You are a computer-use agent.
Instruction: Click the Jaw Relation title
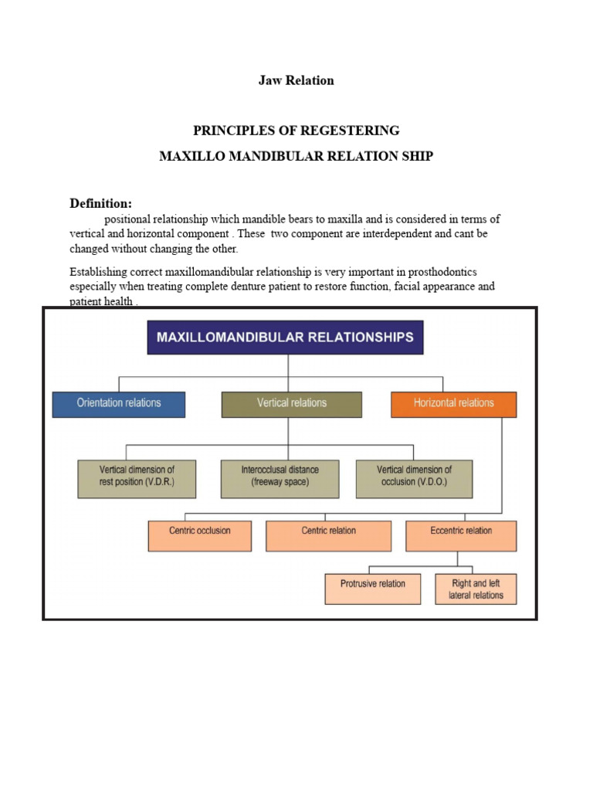[296, 81]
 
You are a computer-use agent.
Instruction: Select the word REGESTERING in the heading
[354, 130]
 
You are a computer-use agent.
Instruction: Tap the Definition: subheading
[100, 204]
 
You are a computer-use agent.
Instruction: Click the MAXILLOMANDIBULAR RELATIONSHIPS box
[285, 338]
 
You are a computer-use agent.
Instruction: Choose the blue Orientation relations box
[119, 403]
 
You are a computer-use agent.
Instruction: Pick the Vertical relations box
[291, 403]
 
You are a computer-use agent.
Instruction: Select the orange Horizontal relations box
[453, 403]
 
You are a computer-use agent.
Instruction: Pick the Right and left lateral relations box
[476, 589]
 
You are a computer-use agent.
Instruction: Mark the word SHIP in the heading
[417, 156]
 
